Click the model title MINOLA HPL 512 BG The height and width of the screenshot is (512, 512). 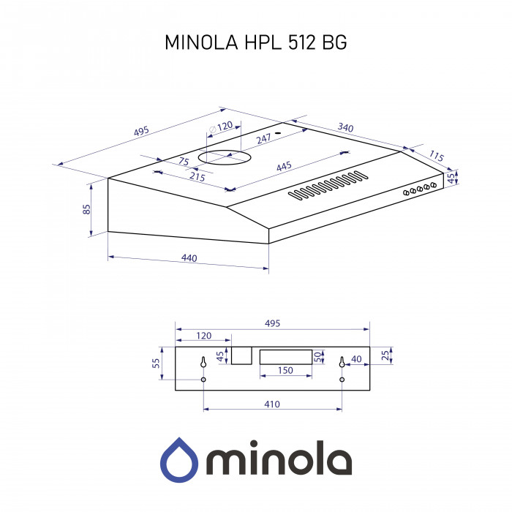coord(255,42)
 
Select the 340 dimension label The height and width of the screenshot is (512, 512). coord(345,128)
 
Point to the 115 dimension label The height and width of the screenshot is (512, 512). coord(436,156)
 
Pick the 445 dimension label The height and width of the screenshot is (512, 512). coord(284,167)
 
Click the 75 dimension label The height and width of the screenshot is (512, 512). coord(184,162)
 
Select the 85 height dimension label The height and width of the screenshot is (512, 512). coord(86,209)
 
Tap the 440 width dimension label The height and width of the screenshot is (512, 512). coord(189,259)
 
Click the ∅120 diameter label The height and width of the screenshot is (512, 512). coord(221,127)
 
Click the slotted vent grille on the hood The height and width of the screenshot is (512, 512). coord(328,186)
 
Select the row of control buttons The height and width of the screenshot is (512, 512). coord(420,189)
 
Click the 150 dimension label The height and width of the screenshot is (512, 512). coord(285,371)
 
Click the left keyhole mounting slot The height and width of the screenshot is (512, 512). coord(203,363)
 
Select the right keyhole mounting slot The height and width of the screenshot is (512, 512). coord(342,363)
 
